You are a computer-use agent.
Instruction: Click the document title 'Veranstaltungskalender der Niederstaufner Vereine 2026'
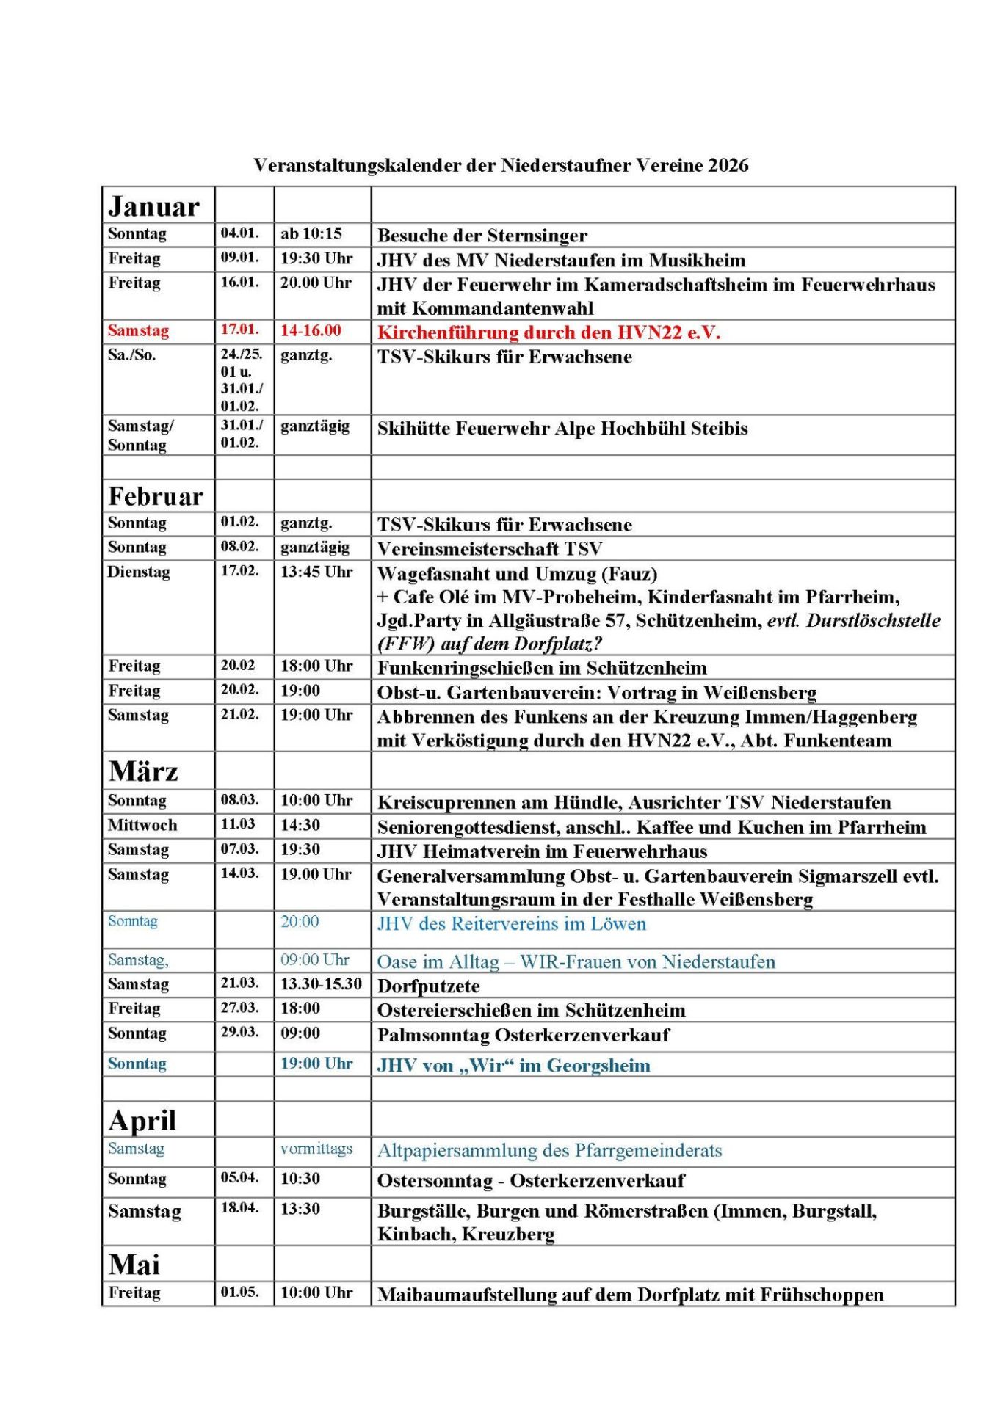tap(501, 165)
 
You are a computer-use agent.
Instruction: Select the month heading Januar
tap(153, 207)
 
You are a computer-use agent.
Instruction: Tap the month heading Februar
tap(155, 497)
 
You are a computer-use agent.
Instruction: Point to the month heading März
tap(143, 771)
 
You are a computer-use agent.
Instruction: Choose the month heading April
tap(142, 1121)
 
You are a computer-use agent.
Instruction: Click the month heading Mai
tap(134, 1265)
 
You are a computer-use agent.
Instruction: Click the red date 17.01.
tap(239, 330)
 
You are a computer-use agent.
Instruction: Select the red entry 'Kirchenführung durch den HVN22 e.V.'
tap(548, 332)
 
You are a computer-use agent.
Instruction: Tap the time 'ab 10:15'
tap(311, 233)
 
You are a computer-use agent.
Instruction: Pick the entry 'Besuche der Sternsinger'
tap(482, 236)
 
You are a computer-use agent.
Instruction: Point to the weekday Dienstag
tap(139, 572)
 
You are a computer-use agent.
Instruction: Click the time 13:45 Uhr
tap(316, 572)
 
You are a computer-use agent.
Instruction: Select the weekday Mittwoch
tap(142, 825)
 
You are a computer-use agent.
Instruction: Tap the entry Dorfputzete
tap(428, 986)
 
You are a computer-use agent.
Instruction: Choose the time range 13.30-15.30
tap(321, 984)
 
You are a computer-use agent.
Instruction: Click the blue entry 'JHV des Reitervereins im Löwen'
tap(511, 924)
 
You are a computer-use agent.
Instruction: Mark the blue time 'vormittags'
tap(316, 1149)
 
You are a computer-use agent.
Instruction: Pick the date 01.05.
tap(239, 1292)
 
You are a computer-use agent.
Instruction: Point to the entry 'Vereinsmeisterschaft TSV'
tap(489, 549)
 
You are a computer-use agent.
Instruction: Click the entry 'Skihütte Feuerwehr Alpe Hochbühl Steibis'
tap(562, 429)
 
